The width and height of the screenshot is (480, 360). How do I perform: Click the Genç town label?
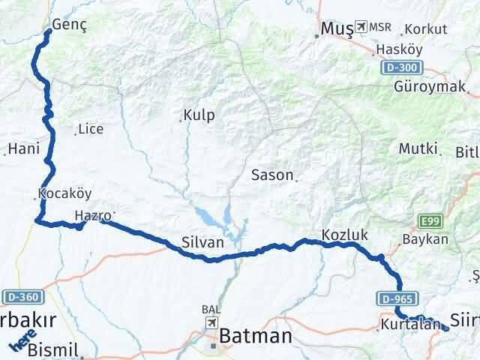click(x=70, y=24)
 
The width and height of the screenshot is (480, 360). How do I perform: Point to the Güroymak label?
click(x=430, y=85)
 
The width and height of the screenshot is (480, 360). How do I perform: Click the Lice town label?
click(x=91, y=129)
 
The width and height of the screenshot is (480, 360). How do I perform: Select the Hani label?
click(x=23, y=149)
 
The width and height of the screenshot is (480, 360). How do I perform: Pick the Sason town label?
click(x=272, y=175)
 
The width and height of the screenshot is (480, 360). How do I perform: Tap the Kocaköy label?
click(x=64, y=193)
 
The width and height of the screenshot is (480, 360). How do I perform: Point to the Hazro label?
click(x=93, y=216)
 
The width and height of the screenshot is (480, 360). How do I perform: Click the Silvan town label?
click(x=202, y=242)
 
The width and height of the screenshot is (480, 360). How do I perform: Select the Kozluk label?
click(x=344, y=235)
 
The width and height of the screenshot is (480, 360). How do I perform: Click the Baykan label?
click(x=425, y=240)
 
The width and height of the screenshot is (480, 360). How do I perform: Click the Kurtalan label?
click(x=409, y=325)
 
